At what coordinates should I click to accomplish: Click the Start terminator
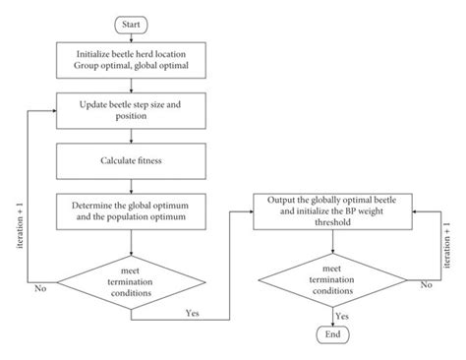tap(133, 22)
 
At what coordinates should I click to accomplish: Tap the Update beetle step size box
tap(133, 107)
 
